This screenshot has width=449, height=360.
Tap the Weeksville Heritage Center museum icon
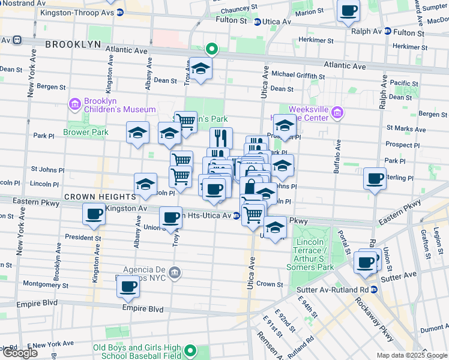[x=337, y=113]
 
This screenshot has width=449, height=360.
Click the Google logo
[x=20, y=353]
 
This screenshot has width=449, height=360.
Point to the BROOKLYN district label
[x=73, y=44]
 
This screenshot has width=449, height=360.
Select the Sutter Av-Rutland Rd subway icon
[x=374, y=289]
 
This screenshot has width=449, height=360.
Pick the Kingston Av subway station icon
[x=100, y=209]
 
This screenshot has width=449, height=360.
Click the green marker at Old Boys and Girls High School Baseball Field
[x=191, y=351]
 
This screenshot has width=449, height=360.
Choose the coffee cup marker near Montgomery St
[x=128, y=287]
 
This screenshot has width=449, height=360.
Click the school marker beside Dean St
[x=200, y=69]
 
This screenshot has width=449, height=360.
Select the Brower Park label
[x=85, y=132]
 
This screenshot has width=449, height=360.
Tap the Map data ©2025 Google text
[x=412, y=355]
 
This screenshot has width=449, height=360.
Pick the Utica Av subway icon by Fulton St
[x=257, y=22]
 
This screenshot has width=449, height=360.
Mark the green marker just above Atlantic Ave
[x=211, y=49]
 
